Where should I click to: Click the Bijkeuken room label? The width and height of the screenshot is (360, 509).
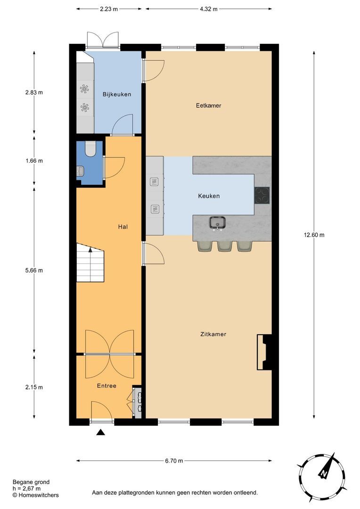[x=117, y=94]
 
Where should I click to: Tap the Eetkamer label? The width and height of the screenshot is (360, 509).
[x=209, y=106]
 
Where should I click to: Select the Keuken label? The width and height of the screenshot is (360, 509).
[x=209, y=196]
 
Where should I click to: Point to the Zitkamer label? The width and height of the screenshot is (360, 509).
[x=213, y=334]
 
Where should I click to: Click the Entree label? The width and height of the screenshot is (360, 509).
[x=106, y=386]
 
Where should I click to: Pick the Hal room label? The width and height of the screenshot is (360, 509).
[x=123, y=227]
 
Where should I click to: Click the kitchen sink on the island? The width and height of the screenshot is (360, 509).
[x=218, y=223]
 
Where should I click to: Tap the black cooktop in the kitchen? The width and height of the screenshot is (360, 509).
[x=262, y=195]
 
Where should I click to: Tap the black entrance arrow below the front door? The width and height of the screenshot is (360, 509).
[x=100, y=432]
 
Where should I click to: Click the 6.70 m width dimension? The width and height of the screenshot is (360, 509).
[x=173, y=461]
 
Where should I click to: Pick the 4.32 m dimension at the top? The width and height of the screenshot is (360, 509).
[x=208, y=8]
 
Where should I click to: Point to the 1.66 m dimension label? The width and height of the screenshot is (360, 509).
[x=33, y=161]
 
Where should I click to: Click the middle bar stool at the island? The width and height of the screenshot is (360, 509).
[x=224, y=246]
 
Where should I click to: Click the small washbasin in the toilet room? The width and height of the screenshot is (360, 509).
[x=80, y=172]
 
